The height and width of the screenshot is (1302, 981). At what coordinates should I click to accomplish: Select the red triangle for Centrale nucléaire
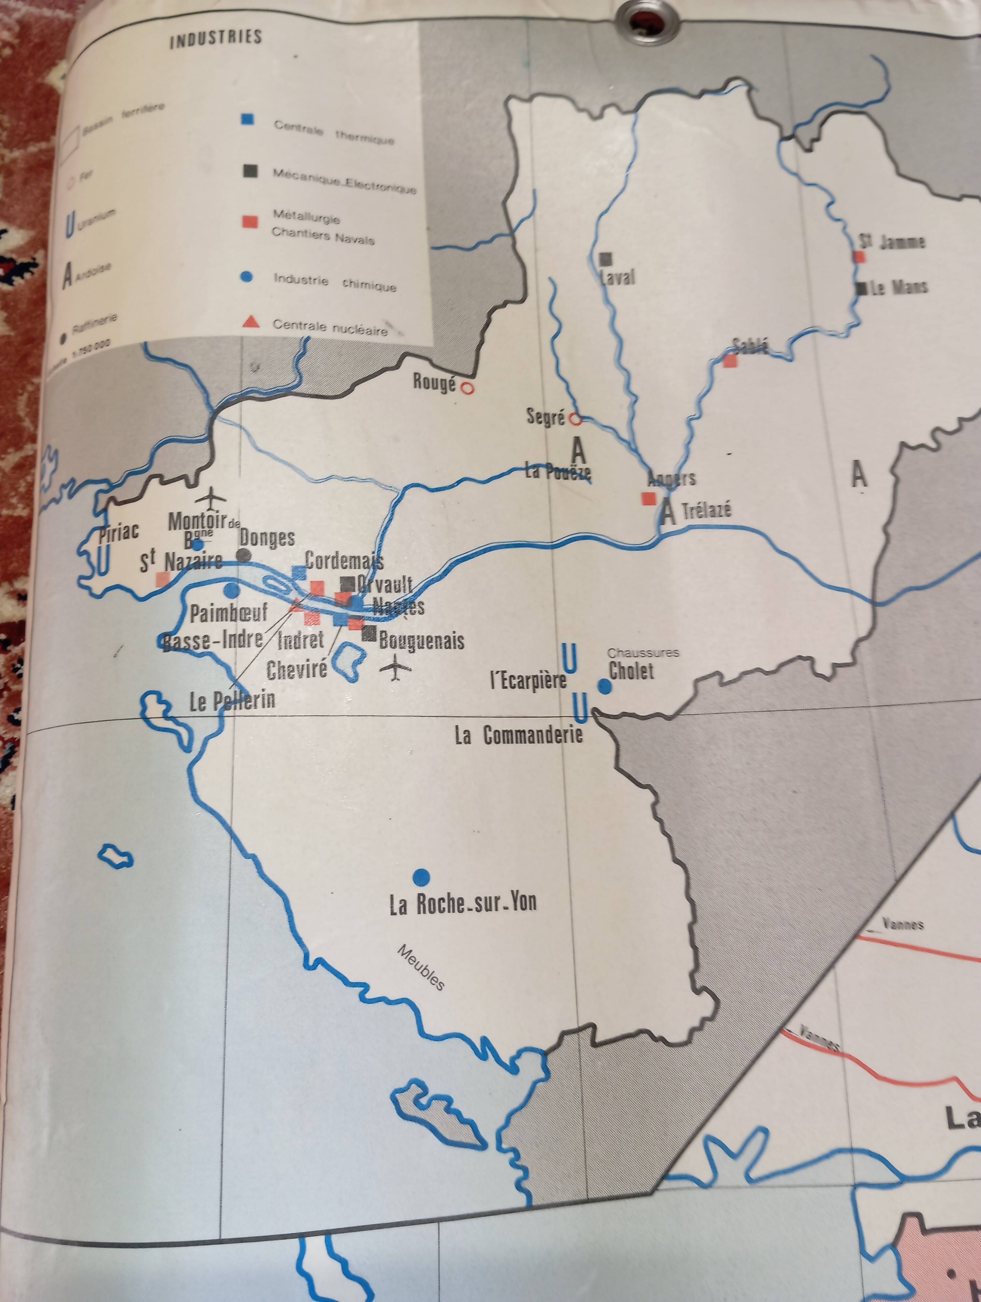pyautogui.click(x=251, y=322)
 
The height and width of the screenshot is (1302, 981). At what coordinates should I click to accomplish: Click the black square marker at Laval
pyautogui.click(x=605, y=258)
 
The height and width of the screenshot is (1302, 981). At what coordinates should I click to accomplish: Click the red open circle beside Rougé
pyautogui.click(x=467, y=388)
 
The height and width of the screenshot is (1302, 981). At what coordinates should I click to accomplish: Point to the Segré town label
pyautogui.click(x=545, y=417)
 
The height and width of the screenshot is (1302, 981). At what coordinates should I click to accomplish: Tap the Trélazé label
pyautogui.click(x=707, y=510)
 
